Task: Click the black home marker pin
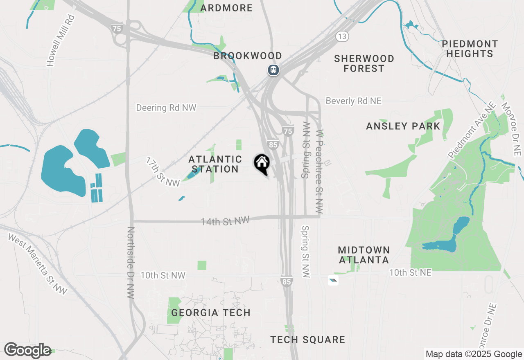(262, 164)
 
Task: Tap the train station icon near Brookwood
(273, 70)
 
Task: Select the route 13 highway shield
(342, 37)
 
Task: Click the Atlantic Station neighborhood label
(215, 164)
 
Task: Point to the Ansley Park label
(403, 126)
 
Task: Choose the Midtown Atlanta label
(364, 255)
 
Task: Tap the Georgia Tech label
(211, 313)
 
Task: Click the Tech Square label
(307, 340)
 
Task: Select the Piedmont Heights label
(470, 49)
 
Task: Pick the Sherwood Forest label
(364, 63)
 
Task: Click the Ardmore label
(226, 8)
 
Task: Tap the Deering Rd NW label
(166, 108)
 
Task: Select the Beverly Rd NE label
(353, 101)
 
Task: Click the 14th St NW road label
(225, 221)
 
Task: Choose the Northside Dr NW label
(131, 263)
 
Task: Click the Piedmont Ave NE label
(472, 130)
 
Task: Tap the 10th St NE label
(410, 272)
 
